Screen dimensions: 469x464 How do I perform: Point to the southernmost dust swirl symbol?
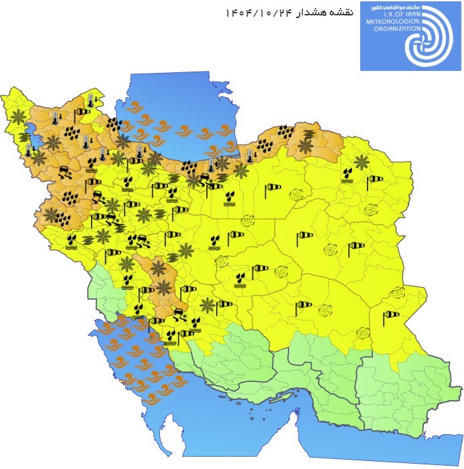tap(363, 333)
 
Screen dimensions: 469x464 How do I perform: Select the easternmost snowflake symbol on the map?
tap(362, 161)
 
